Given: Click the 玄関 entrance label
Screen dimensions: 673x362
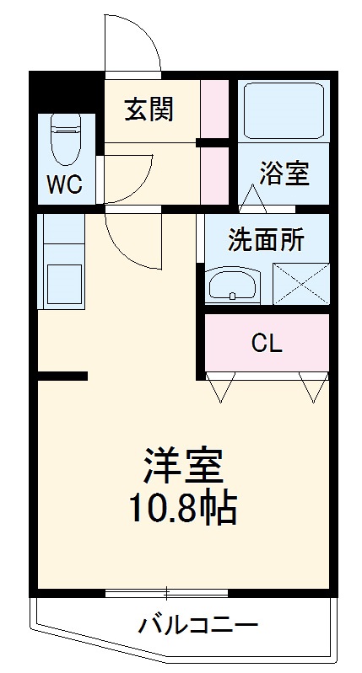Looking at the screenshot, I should (149, 110).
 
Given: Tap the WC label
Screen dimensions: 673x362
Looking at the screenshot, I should (63, 184).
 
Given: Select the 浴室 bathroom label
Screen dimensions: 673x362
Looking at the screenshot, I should (284, 174).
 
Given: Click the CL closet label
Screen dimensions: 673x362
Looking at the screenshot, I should (267, 343).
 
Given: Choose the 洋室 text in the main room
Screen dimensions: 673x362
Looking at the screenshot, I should (182, 464).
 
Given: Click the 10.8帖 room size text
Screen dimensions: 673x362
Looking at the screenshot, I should (182, 508).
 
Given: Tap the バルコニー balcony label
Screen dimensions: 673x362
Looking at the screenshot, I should (197, 626).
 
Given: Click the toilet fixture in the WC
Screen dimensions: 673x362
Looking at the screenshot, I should (64, 139).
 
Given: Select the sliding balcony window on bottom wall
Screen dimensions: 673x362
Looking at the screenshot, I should (168, 593).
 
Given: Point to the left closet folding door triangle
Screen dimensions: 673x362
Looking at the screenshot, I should (219, 387).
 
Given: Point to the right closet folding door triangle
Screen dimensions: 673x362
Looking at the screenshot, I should (313, 387).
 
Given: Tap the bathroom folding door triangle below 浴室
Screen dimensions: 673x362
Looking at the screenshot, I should (251, 198).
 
